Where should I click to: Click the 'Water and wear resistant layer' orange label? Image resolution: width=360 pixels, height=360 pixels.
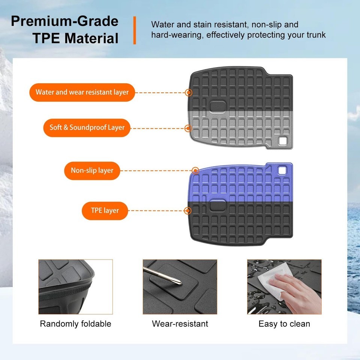[x=82, y=92]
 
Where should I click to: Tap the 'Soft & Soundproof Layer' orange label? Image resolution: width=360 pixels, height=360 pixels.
[x=87, y=127]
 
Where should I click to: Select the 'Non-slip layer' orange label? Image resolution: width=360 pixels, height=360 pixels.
[x=92, y=171]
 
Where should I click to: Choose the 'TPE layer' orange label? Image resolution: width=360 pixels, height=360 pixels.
[x=105, y=211]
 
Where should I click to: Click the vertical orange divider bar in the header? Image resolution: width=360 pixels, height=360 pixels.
[x=135, y=30]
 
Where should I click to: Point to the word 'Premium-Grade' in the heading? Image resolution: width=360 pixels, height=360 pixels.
[x=65, y=21]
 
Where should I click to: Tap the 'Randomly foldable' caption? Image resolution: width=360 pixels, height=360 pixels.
[x=75, y=324]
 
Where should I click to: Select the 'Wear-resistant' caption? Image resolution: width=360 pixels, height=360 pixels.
[x=180, y=324]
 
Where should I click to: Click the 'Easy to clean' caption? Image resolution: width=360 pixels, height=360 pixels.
[x=284, y=324]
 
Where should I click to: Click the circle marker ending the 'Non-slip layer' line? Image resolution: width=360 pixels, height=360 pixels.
[x=195, y=171]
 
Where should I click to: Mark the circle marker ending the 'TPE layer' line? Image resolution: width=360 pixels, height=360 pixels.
[x=188, y=211]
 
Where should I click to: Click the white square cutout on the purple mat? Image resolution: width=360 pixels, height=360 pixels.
[x=282, y=170]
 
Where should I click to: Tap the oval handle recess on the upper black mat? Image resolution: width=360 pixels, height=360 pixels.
[x=217, y=106]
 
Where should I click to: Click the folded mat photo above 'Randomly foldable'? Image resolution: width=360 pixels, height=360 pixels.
[x=75, y=287]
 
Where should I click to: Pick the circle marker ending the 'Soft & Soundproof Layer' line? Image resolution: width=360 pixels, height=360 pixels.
[x=188, y=128]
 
